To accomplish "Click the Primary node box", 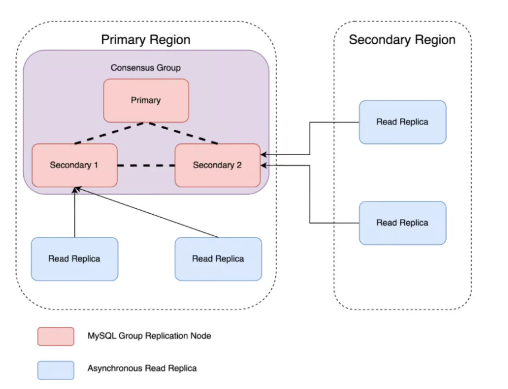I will (x=146, y=101).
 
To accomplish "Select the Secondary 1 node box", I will (x=74, y=165).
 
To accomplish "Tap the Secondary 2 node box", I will (x=218, y=165).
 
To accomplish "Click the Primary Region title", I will (x=146, y=40).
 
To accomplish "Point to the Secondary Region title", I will (x=402, y=40).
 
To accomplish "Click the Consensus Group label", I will (x=146, y=68).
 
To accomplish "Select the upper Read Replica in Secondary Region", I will (x=403, y=122).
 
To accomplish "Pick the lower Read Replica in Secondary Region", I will (x=403, y=223).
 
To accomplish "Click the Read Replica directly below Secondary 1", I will (x=74, y=259).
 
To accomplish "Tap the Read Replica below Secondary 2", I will (x=218, y=259).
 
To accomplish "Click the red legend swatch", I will (x=56, y=336).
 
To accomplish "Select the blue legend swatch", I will (x=56, y=370).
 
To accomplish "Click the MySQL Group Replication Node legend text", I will (x=149, y=336).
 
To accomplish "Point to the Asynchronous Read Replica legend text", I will (x=142, y=368).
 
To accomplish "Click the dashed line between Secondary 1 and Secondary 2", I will (x=146, y=165).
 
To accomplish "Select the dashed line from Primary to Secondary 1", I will (x=109, y=133).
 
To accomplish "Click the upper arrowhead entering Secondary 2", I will (x=264, y=155).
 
